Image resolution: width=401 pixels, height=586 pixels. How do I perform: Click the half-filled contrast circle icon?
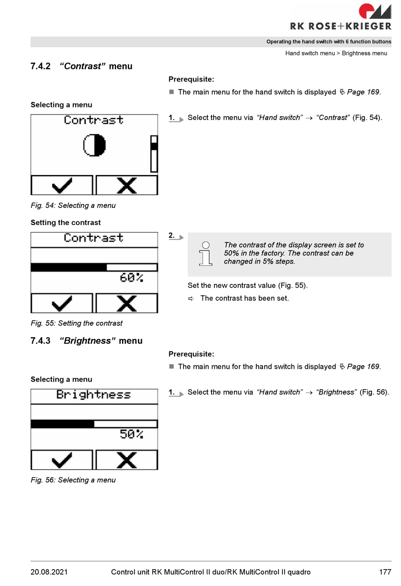pyautogui.click(x=94, y=145)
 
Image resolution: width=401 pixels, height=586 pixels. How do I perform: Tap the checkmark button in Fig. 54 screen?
pyautogui.click(x=62, y=185)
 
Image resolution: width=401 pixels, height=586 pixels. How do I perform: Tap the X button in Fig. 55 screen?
pyautogui.click(x=127, y=303)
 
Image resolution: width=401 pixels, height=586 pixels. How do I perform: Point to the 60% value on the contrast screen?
pyautogui.click(x=131, y=278)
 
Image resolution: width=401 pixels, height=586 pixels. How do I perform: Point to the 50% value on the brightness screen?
pyautogui.click(x=131, y=434)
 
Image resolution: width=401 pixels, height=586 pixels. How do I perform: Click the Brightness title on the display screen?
pyautogui.click(x=94, y=395)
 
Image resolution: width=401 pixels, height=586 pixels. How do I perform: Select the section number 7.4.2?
pyautogui.click(x=41, y=66)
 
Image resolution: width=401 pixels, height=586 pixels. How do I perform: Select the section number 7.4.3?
pyautogui.click(x=41, y=341)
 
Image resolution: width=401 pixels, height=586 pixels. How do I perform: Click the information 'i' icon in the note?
pyautogui.click(x=206, y=253)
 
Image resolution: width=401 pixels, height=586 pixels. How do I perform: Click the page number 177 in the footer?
pyautogui.click(x=385, y=572)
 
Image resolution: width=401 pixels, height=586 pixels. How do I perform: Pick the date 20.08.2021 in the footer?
pyautogui.click(x=49, y=572)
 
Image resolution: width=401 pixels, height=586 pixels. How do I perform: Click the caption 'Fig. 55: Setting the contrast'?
pyautogui.click(x=76, y=323)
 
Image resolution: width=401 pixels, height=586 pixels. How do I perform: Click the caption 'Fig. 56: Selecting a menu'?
pyautogui.click(x=73, y=480)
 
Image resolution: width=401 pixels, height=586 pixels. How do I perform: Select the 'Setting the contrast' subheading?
pyautogui.click(x=65, y=223)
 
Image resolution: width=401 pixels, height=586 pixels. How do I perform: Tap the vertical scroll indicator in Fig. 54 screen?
pyautogui.click(x=154, y=154)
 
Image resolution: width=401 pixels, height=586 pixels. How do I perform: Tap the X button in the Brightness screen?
pyautogui.click(x=127, y=460)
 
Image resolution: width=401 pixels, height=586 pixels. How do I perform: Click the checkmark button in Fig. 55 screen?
pyautogui.click(x=62, y=303)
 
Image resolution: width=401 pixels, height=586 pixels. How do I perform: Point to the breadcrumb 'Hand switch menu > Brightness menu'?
pyautogui.click(x=336, y=53)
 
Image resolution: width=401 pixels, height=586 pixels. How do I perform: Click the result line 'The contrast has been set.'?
pyautogui.click(x=244, y=298)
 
